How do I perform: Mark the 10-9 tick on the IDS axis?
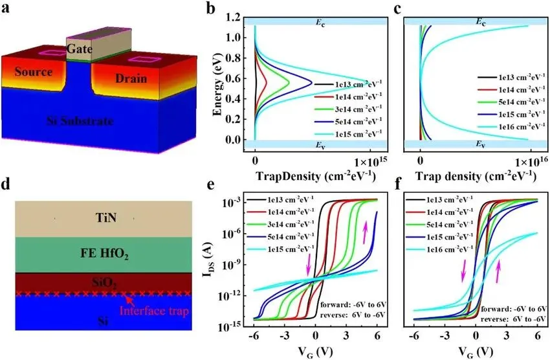click(234, 264)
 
